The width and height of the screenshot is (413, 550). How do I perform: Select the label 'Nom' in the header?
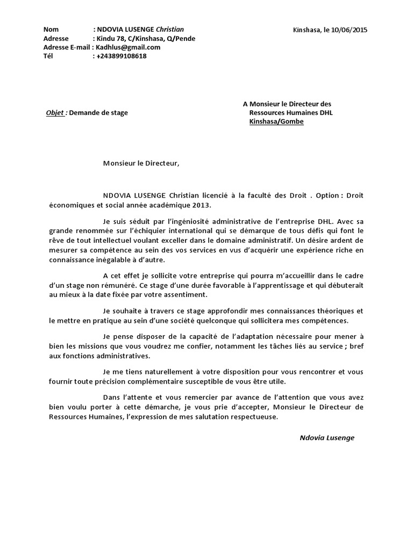[51, 30]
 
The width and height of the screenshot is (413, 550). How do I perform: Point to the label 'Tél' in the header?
[48, 56]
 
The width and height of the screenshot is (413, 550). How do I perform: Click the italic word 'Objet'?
[55, 113]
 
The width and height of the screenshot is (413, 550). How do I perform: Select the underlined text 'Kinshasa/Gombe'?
[276, 122]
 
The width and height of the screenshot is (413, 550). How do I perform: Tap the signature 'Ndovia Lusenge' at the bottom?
[327, 438]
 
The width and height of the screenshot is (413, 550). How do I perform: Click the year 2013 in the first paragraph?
[202, 205]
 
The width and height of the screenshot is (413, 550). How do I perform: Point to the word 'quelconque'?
[230, 321]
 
